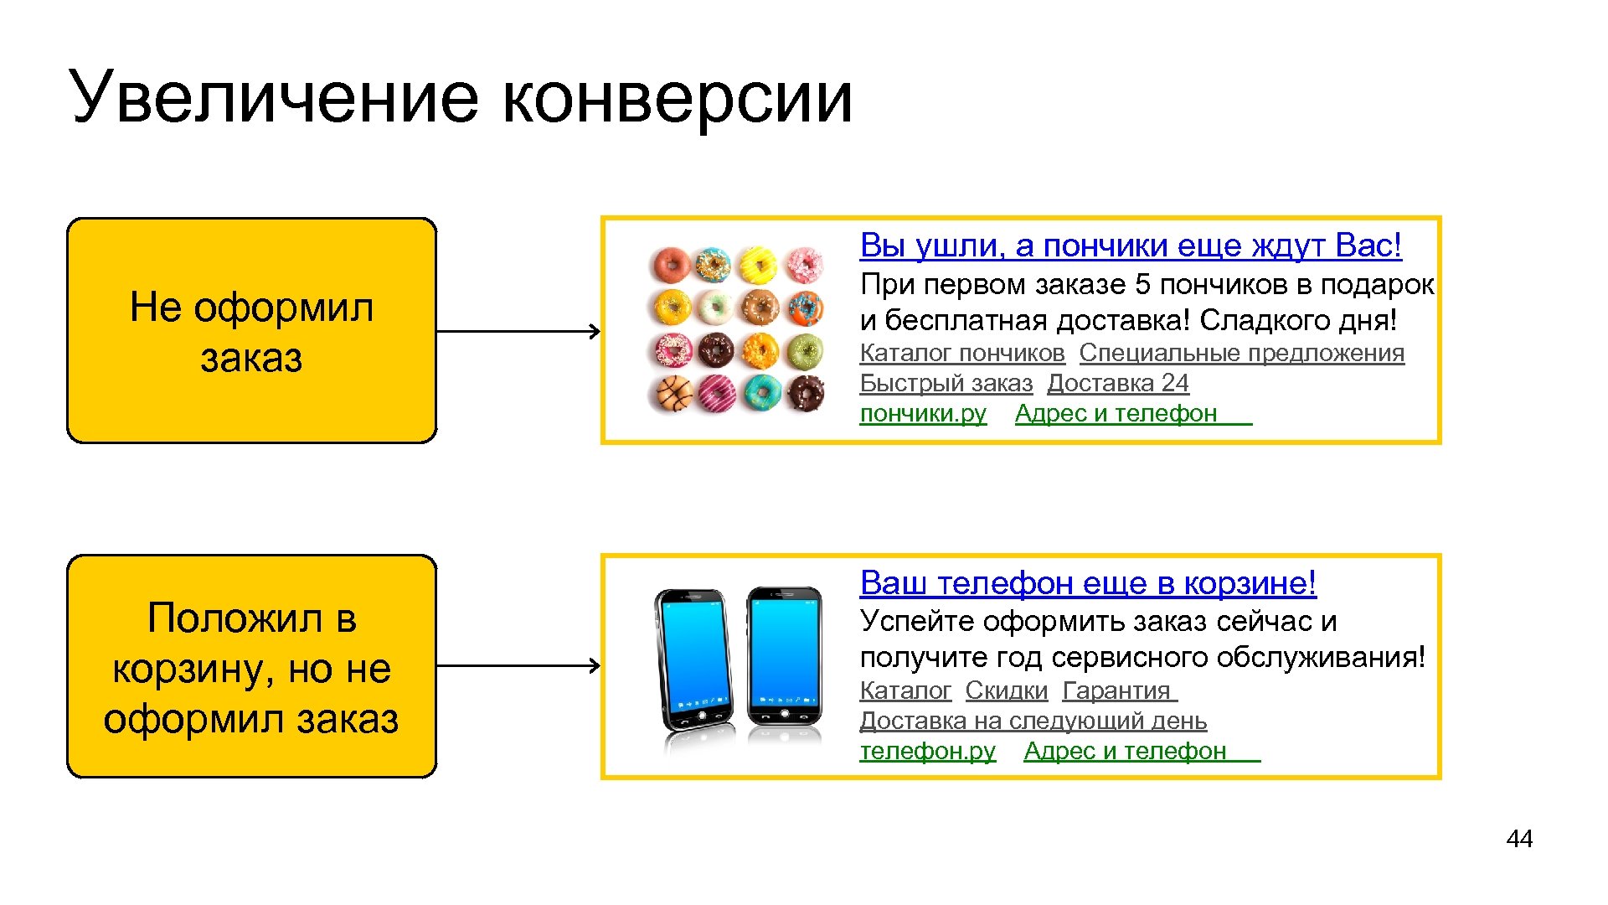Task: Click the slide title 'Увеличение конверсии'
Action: coord(461,97)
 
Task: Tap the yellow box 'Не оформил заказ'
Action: coord(251,330)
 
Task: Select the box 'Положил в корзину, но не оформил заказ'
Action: coord(251,667)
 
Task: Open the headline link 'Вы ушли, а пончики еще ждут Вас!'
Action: coord(1131,246)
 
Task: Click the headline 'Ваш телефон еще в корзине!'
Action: coord(1088,583)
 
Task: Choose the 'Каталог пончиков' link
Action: coord(962,354)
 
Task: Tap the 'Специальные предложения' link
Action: coord(1241,354)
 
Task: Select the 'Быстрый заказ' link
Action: coord(946,384)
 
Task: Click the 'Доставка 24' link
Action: coord(1118,384)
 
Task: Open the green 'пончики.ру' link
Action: coord(923,414)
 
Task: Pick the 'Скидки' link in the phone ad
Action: coord(1006,691)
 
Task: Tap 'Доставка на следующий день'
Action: coord(1033,721)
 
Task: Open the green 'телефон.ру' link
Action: coord(928,752)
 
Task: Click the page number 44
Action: coord(1519,839)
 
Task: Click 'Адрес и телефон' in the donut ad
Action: coord(1116,414)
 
